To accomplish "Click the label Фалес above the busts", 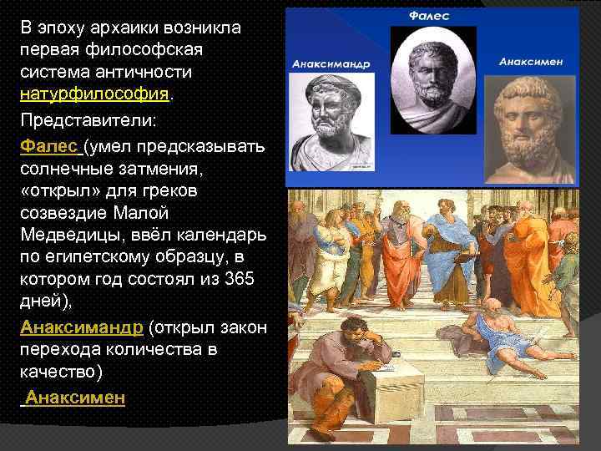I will [431, 16].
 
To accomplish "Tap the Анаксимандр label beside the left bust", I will [331, 63].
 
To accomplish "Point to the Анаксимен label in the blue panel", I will [531, 61].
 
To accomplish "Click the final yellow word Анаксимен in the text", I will [75, 398].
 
